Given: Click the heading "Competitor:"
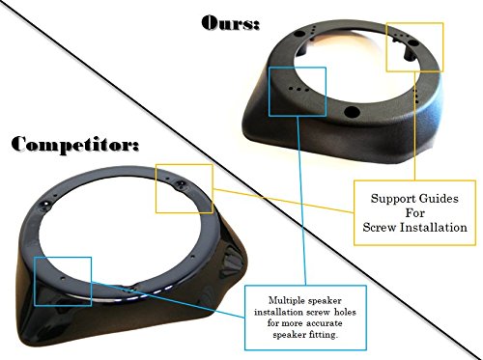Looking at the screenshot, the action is coord(75,145).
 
